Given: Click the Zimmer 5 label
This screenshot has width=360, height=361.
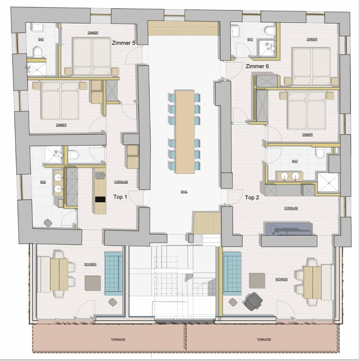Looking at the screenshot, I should pyautogui.click(x=123, y=43).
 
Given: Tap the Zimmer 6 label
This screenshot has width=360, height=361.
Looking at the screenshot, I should pyautogui.click(x=257, y=66).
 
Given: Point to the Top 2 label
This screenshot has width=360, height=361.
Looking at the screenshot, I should pyautogui.click(x=252, y=197).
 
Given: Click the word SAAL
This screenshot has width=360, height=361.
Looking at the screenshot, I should pyautogui.click(x=184, y=191).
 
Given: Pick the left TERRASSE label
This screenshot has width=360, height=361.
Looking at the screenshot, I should pyautogui.click(x=118, y=339).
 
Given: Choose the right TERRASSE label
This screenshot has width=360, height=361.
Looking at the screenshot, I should pyautogui.click(x=264, y=339).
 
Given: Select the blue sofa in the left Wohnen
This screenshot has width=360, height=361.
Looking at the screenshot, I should pyautogui.click(x=114, y=272).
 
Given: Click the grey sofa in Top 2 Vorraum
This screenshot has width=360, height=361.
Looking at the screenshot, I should pyautogui.click(x=289, y=229).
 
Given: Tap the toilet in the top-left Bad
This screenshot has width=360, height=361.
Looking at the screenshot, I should pyautogui.click(x=37, y=51).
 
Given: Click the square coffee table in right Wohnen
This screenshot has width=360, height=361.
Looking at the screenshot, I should pyautogui.click(x=257, y=281).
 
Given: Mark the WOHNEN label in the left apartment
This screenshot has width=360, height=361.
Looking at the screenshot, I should pyautogui.click(x=90, y=264).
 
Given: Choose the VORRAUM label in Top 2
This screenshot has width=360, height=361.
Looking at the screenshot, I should pyautogui.click(x=291, y=208).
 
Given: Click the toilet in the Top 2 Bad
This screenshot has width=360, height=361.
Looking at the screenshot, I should pyautogui.click(x=320, y=153).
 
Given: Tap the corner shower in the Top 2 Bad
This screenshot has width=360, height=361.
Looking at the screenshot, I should pyautogui.click(x=328, y=182).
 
